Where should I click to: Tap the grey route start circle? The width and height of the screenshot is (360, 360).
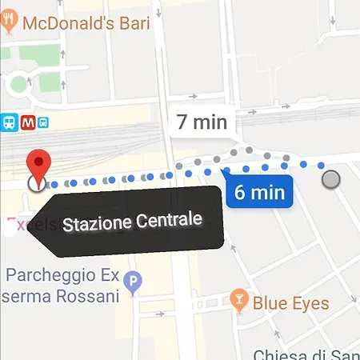(330, 180)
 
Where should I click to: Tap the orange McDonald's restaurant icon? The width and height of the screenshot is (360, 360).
(9, 22)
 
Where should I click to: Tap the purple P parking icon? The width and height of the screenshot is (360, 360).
(134, 281)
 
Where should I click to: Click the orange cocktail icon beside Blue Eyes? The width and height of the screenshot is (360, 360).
(238, 302)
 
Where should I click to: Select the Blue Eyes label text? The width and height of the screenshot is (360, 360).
(290, 303)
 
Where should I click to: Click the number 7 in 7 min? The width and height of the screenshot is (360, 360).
(182, 122)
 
